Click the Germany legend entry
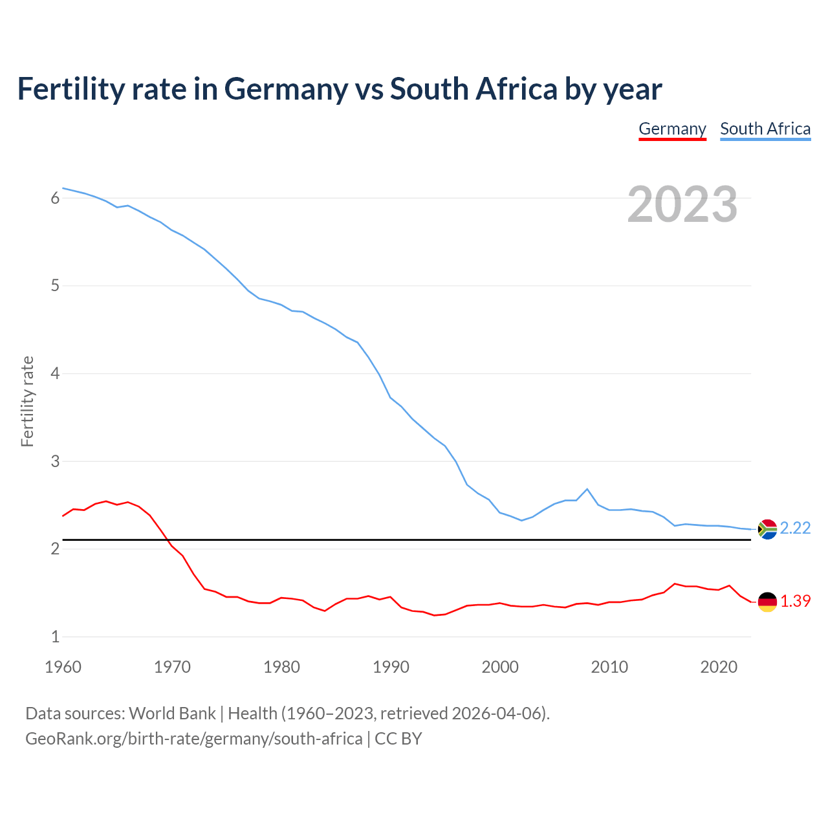(x=672, y=129)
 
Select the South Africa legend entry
(x=765, y=129)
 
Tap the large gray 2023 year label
(x=682, y=204)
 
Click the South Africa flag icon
(x=767, y=529)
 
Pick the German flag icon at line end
(x=767, y=602)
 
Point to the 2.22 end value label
(x=795, y=528)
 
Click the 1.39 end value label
(x=795, y=602)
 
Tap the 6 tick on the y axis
(x=55, y=198)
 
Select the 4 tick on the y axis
(x=55, y=373)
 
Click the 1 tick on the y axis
(x=55, y=637)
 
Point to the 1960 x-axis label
(x=63, y=667)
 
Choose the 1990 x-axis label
(x=391, y=667)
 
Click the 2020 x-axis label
(x=719, y=667)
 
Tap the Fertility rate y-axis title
(x=27, y=401)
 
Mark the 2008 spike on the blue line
(x=587, y=489)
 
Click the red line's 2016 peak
(x=675, y=584)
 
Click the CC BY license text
(x=398, y=739)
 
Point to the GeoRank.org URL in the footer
(x=193, y=739)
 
